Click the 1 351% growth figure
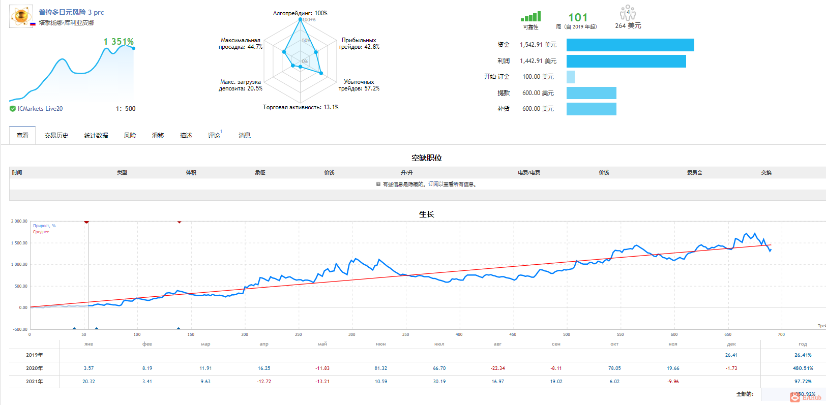point(119,42)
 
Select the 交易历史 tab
point(56,136)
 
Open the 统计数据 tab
point(96,136)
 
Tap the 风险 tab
point(130,136)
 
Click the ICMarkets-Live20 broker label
point(40,109)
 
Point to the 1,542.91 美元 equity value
point(538,45)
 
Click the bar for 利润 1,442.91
point(626,61)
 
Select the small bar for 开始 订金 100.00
point(571,77)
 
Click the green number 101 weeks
point(578,18)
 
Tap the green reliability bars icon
point(530,17)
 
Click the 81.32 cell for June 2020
point(381,368)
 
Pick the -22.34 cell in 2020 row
point(497,368)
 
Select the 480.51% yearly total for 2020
point(803,368)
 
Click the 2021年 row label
point(35,382)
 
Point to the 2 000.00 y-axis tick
point(19,222)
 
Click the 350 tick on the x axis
point(405,334)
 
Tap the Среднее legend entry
point(41,232)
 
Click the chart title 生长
point(426,214)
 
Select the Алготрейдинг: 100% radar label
point(300,13)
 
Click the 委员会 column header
point(694,173)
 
